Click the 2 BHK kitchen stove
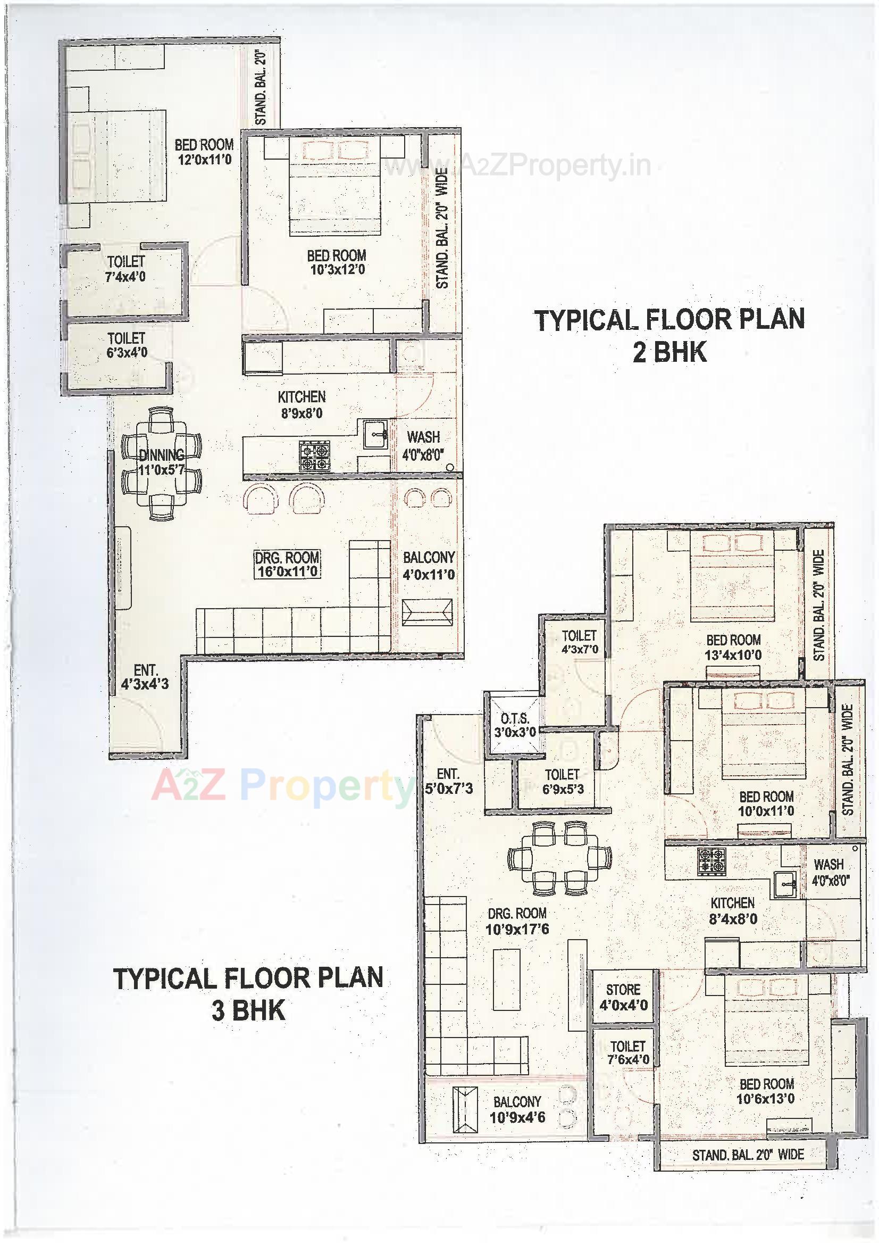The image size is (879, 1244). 315,455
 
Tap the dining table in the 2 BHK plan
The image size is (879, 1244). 161,464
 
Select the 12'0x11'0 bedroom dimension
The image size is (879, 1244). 204,159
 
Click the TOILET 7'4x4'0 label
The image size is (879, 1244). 125,269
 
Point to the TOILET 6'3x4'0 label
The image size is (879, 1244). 127,346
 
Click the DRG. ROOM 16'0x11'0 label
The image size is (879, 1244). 287,564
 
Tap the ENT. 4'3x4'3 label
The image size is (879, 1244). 145,677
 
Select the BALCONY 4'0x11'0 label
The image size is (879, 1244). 429,566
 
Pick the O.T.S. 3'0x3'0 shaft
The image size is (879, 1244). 515,725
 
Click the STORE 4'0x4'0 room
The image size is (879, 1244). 623,998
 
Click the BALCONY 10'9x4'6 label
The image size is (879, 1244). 517,1109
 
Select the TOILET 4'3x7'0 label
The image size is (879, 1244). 579,642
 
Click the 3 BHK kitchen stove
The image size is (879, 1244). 711,860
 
